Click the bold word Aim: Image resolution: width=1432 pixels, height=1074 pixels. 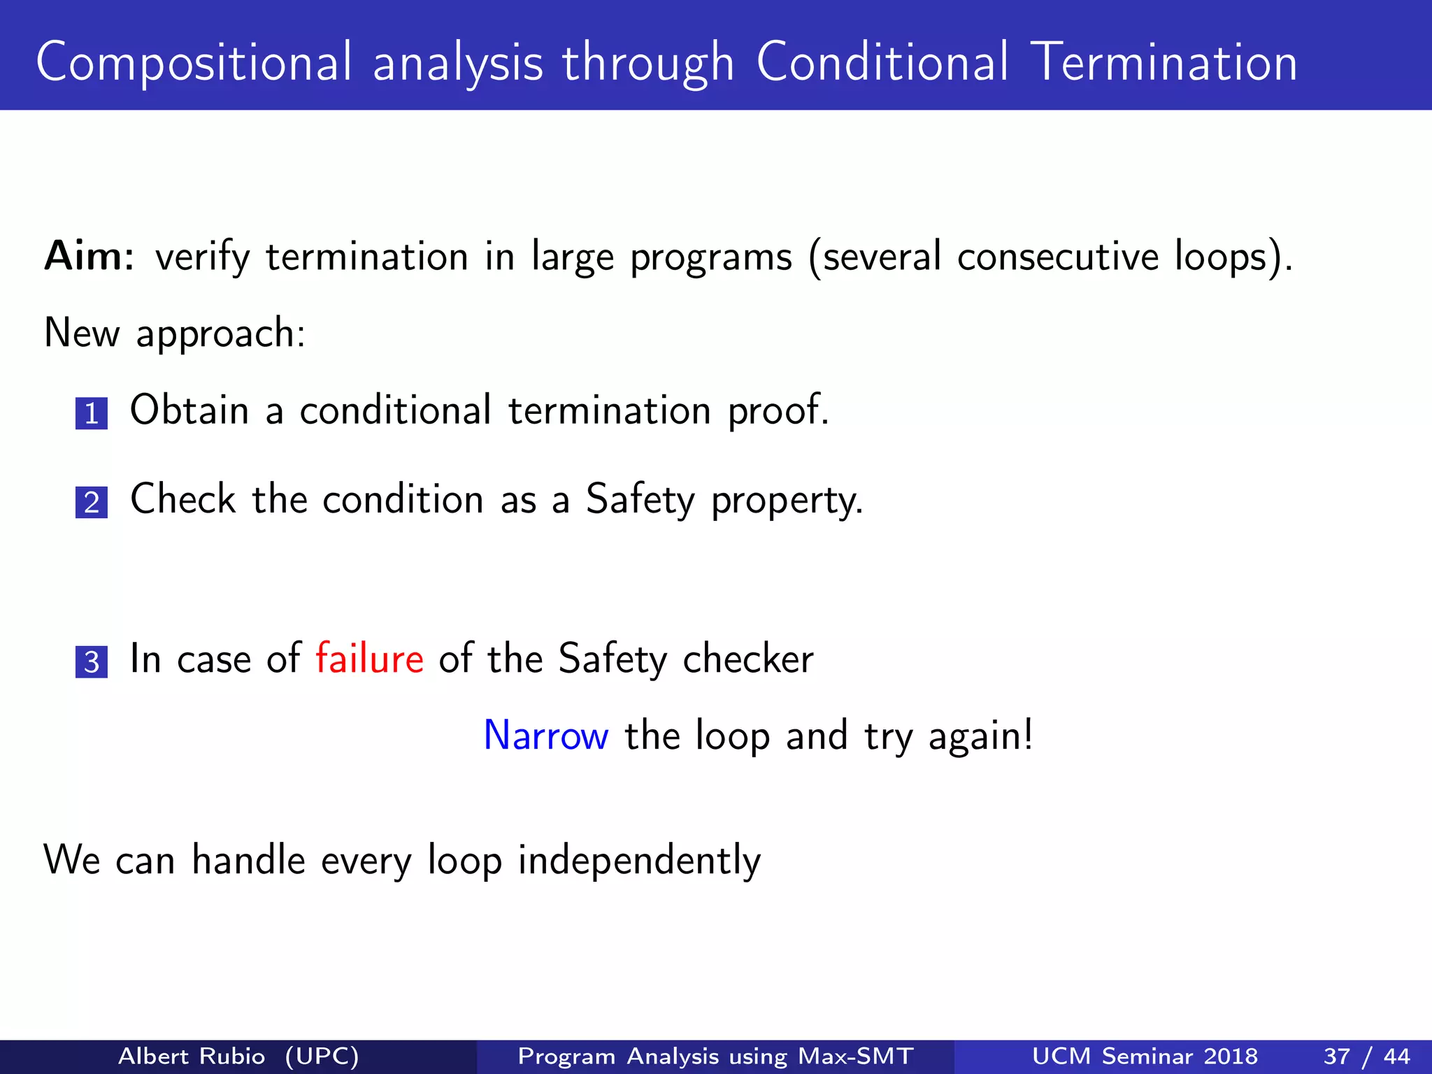(x=89, y=256)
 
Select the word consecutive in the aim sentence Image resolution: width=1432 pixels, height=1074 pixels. (x=1057, y=256)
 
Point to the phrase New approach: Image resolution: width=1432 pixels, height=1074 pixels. (x=175, y=333)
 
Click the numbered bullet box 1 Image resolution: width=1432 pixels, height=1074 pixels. (x=92, y=413)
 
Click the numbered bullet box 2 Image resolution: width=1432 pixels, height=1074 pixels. (x=92, y=503)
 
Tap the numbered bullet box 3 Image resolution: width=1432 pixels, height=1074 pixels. (x=92, y=661)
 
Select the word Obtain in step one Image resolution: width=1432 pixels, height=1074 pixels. (x=189, y=410)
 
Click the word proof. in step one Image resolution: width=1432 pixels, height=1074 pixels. (x=778, y=411)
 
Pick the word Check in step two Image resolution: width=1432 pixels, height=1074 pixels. (x=183, y=499)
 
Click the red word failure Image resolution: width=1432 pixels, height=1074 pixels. (x=369, y=659)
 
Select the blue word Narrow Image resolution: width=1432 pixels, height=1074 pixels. (x=546, y=736)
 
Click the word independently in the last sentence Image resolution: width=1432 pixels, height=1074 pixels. (x=639, y=861)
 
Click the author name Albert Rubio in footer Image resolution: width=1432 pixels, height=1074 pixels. (x=192, y=1056)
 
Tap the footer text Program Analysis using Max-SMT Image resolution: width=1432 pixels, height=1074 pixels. (x=715, y=1056)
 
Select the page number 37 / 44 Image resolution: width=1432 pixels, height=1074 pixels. (x=1366, y=1056)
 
